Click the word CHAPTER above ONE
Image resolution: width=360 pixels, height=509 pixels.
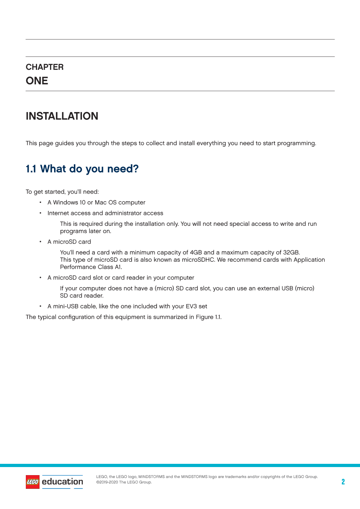44,67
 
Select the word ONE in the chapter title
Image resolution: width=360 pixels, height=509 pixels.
37,81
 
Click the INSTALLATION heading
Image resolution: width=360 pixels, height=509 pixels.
62,116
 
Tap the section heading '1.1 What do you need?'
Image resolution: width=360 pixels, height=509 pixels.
82,169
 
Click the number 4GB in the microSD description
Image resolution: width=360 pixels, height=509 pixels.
196,252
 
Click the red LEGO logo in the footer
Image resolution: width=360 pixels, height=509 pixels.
33,482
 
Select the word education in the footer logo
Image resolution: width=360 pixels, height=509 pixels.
63,482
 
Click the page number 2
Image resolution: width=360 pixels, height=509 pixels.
343,482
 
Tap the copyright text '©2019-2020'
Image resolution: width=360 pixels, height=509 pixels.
107,482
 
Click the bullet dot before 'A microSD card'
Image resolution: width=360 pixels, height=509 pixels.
40,242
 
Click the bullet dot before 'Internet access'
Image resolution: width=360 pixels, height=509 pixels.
40,213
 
